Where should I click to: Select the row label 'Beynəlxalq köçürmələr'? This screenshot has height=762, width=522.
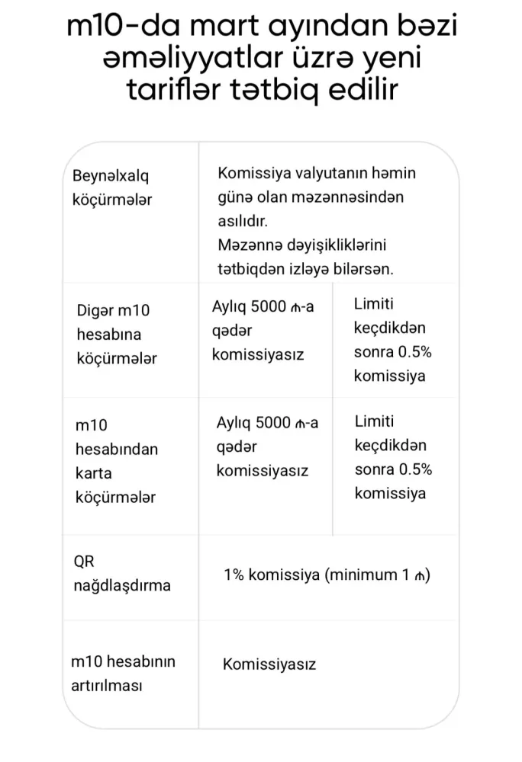point(112,188)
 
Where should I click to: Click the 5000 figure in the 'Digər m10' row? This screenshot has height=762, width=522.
point(263,306)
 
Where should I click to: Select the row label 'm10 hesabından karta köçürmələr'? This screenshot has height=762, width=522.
point(117,461)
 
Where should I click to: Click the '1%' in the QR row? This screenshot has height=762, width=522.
point(234,575)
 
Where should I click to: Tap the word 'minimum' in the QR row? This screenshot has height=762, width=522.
point(361,575)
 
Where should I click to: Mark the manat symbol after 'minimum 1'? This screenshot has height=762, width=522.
point(419,575)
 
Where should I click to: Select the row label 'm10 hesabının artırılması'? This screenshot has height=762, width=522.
point(122,673)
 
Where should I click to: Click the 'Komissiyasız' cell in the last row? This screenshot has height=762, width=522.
point(269,664)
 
